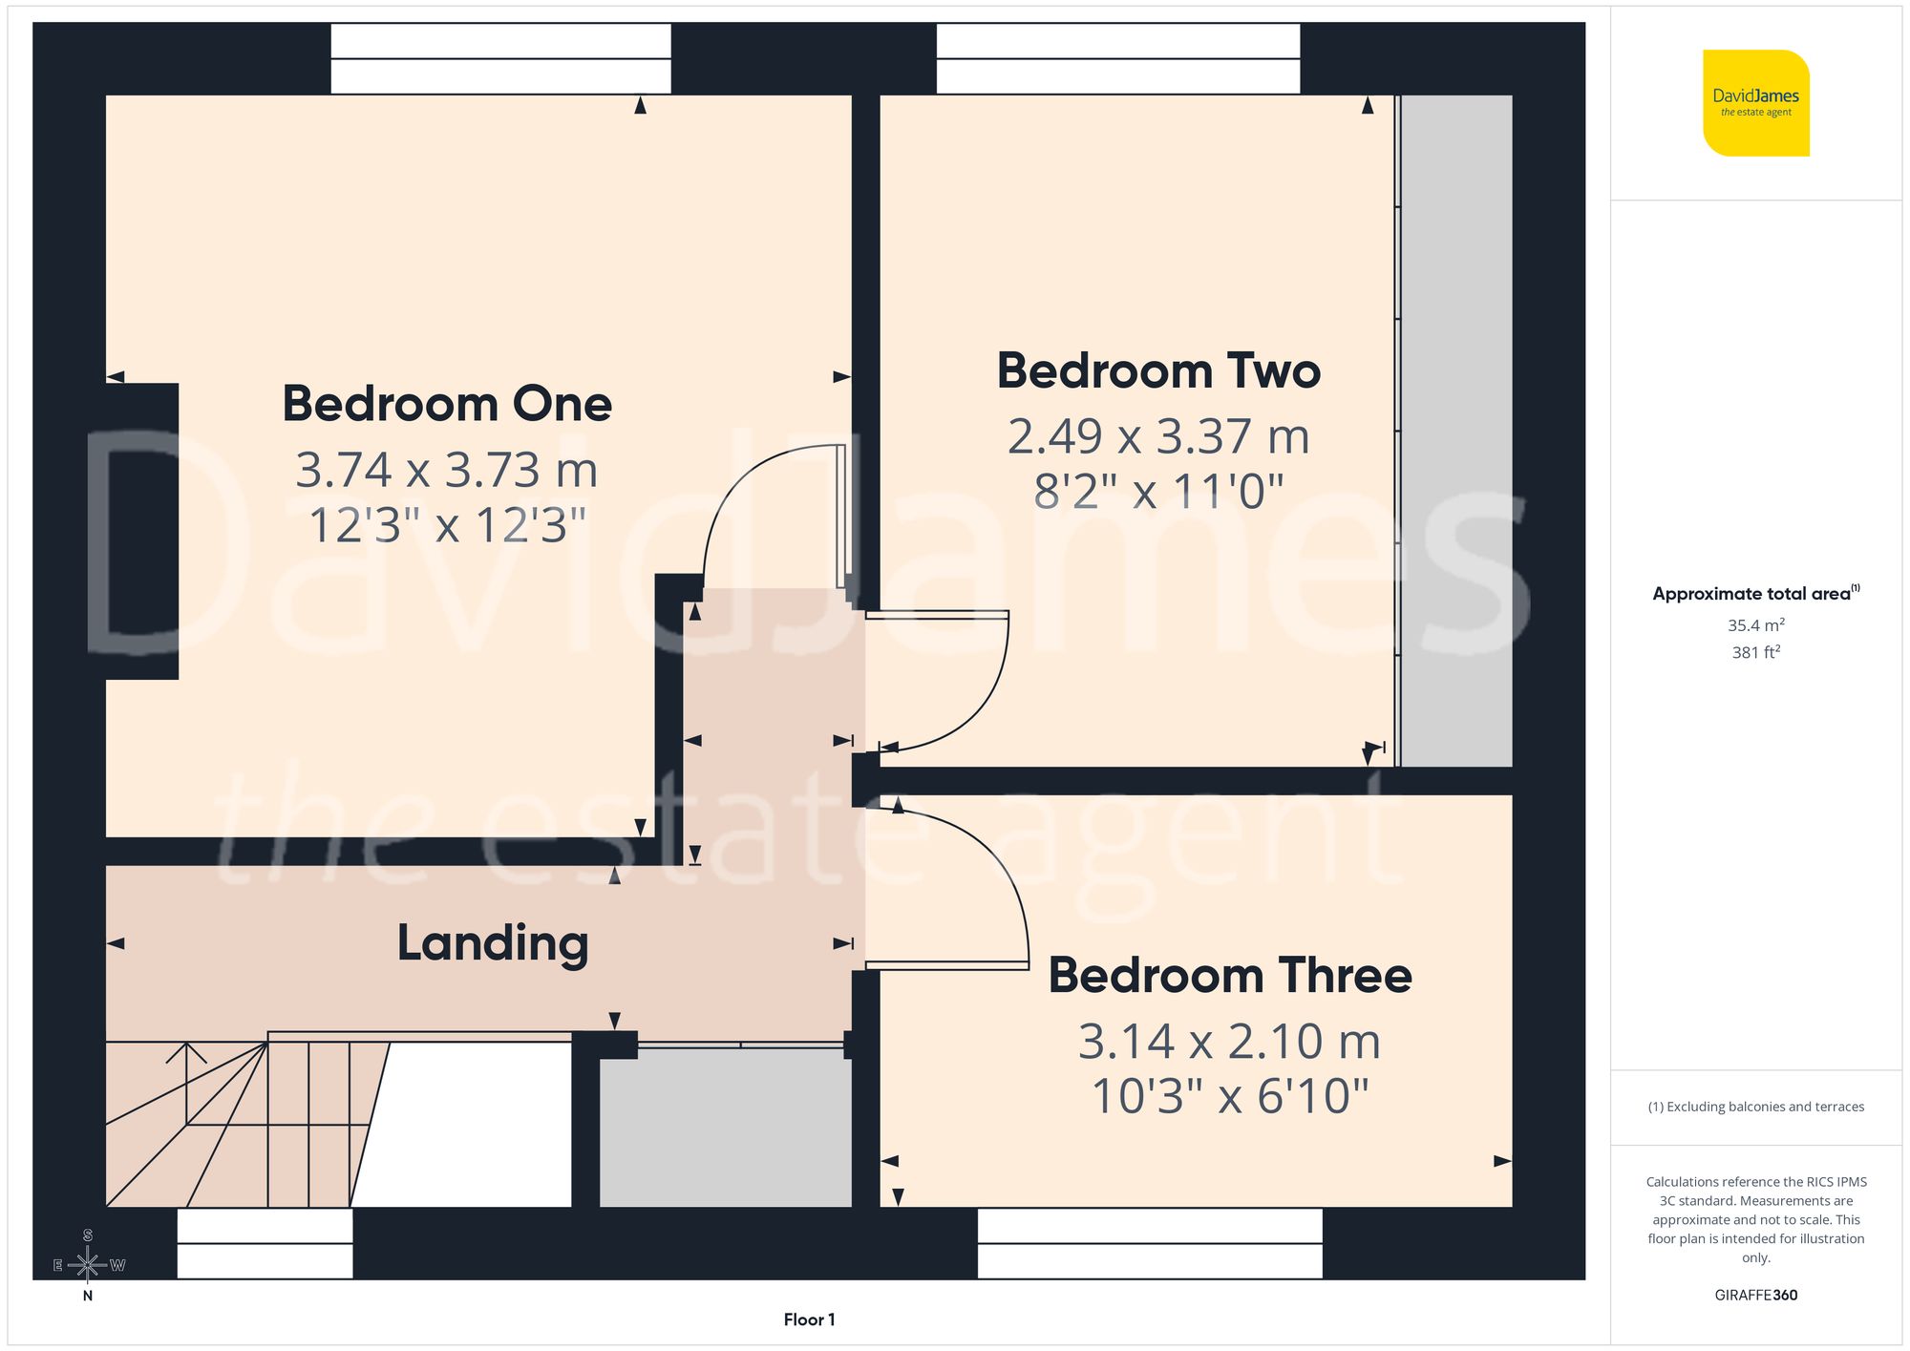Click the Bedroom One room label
coord(447,404)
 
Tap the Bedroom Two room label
coord(1158,370)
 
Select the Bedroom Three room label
coord(1230,976)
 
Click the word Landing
coord(493,943)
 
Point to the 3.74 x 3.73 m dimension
coord(447,470)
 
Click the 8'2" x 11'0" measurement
coord(1158,492)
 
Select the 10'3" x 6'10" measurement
coord(1230,1096)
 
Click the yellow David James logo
coord(1755,103)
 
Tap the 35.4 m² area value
coord(1755,625)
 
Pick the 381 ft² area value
coord(1755,652)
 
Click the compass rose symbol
coord(88,1265)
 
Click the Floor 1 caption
coord(809,1319)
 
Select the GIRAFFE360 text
coord(1755,1296)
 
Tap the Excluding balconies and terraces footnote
coord(1755,1107)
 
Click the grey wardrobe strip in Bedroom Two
coord(1456,430)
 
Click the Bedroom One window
coord(500,59)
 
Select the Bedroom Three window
coord(1150,1243)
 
